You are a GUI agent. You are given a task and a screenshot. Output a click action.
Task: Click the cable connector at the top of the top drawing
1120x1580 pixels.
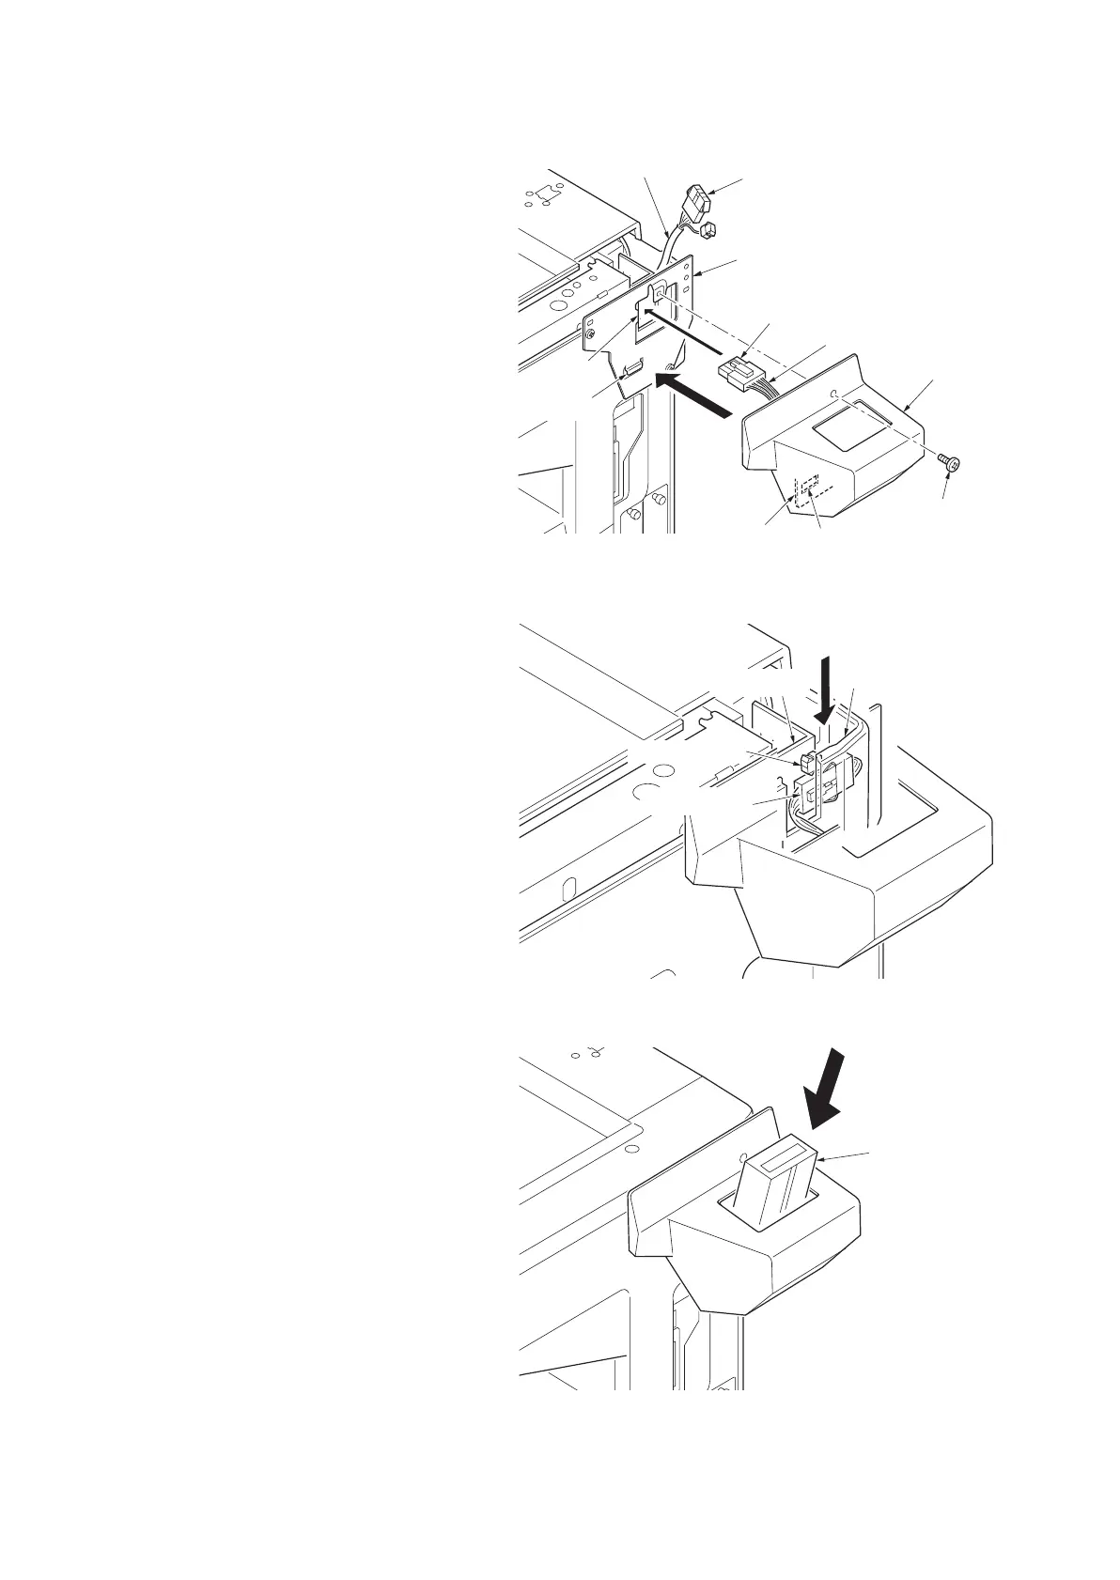(699, 201)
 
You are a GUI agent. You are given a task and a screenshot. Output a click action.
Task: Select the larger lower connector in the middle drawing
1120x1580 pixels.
(810, 794)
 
